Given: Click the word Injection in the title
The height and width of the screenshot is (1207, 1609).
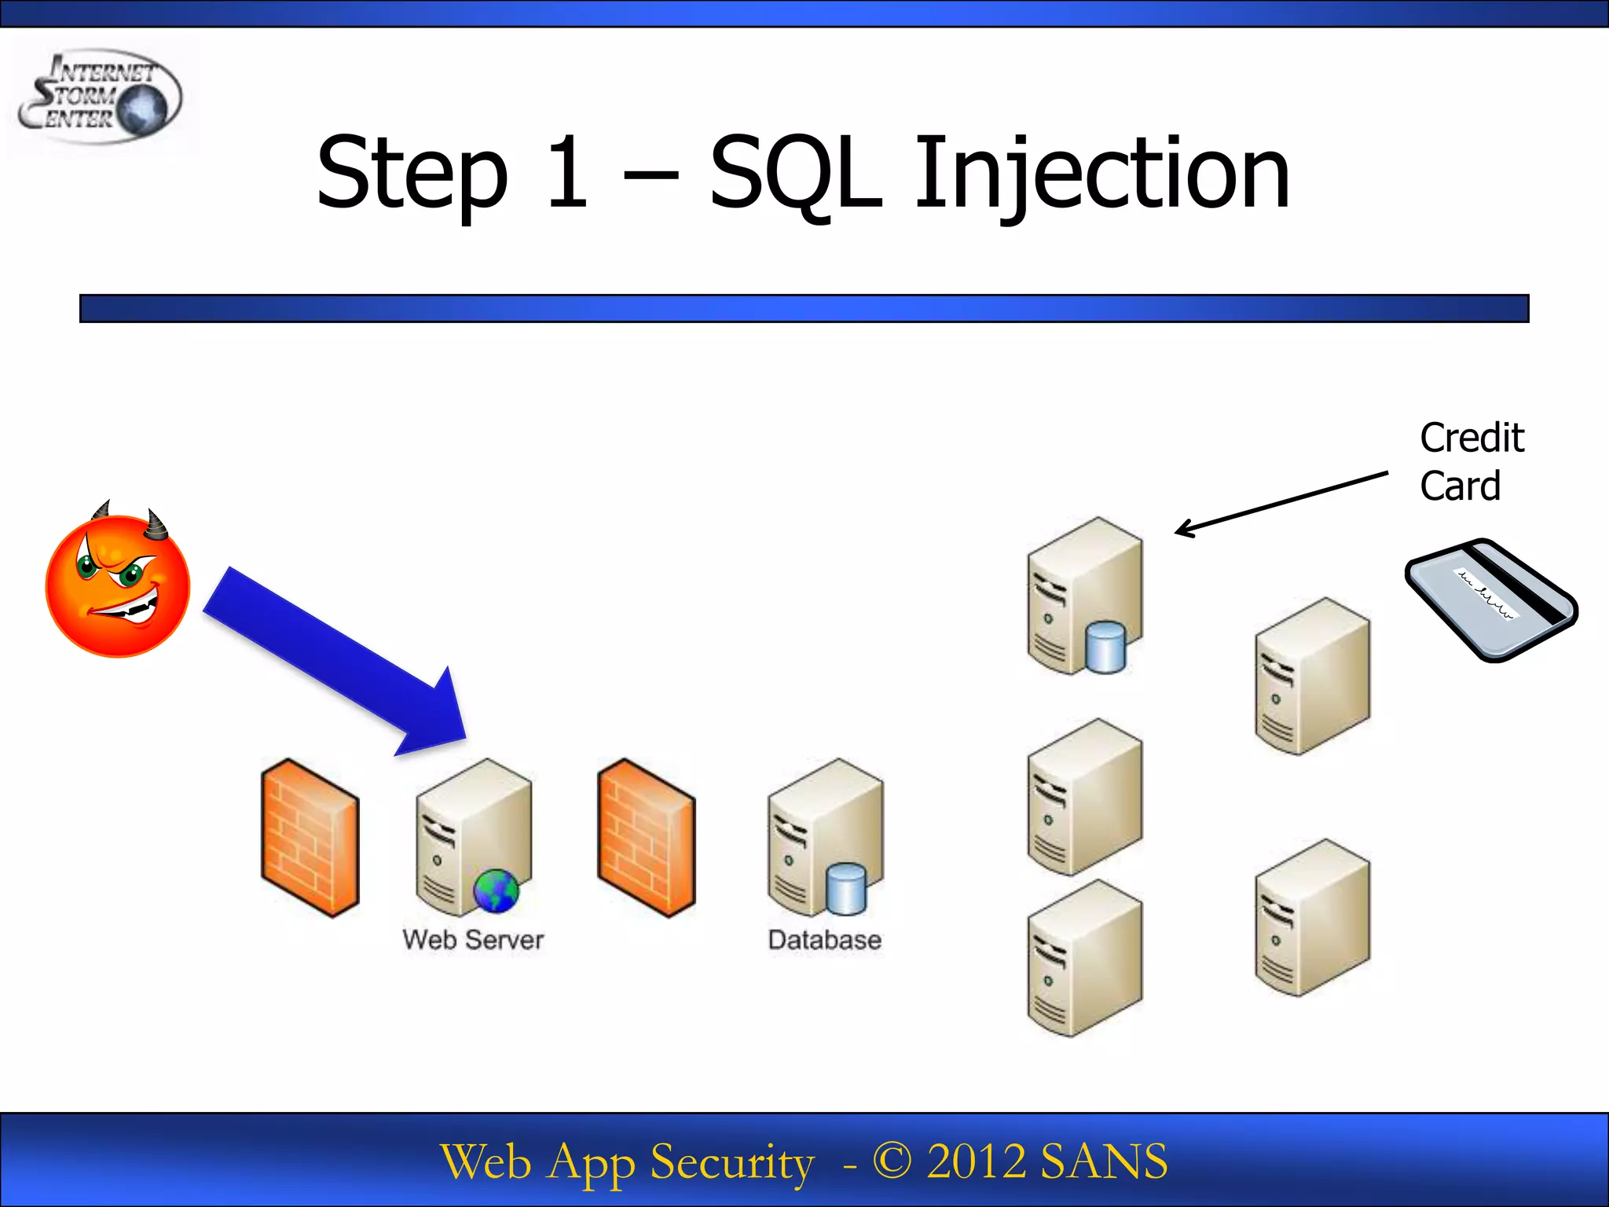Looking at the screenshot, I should (x=1101, y=174).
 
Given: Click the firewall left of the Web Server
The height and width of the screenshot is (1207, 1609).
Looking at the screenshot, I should (x=310, y=838).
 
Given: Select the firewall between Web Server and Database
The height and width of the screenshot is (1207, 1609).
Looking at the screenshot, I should (x=646, y=838).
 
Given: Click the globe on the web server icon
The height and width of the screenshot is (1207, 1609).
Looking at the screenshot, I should (x=496, y=891).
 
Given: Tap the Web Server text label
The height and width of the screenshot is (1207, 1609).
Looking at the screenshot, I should (x=473, y=940).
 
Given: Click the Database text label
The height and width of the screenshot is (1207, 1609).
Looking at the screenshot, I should (x=824, y=940).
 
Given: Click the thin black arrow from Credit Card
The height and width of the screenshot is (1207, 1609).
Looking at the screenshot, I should (x=1281, y=504).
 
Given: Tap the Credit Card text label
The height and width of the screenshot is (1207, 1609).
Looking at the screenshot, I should (x=1471, y=462).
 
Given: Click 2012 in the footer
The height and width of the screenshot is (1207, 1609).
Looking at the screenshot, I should (x=975, y=1161).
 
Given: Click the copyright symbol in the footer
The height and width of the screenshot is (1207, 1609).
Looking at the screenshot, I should (x=891, y=1161).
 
